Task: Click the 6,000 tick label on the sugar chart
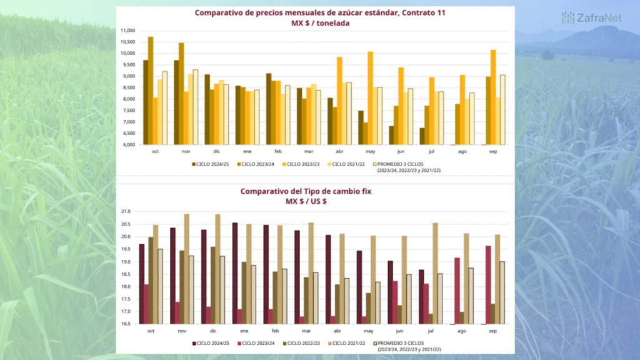(x=128, y=144)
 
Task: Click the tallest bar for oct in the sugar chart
(x=151, y=91)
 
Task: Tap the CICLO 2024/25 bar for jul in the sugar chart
(x=422, y=136)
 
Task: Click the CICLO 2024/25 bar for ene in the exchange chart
(x=235, y=273)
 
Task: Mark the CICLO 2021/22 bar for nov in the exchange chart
(x=186, y=269)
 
